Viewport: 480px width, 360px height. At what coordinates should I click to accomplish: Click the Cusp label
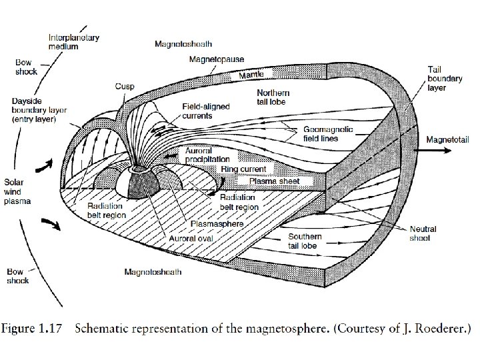click(125, 86)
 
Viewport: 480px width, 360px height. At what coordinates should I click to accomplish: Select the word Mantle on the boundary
click(253, 74)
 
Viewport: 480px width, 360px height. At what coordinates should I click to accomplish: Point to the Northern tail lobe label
click(273, 97)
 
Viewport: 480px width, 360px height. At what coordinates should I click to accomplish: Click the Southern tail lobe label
click(305, 241)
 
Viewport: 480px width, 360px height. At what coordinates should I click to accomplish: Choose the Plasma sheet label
click(275, 181)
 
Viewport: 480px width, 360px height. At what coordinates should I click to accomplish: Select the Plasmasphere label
click(217, 223)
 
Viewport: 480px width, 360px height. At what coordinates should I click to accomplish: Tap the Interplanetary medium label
click(74, 43)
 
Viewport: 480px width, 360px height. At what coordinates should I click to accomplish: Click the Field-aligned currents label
click(207, 111)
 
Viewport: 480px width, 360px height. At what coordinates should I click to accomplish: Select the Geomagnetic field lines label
click(329, 134)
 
